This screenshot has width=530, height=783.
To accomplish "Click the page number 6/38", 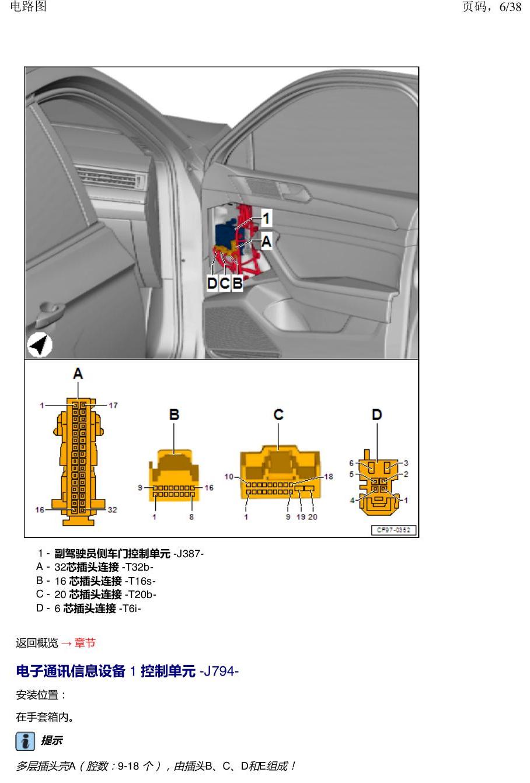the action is [510, 6].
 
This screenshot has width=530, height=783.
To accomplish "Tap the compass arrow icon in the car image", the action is [40, 345].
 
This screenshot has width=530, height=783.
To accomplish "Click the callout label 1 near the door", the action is [266, 218].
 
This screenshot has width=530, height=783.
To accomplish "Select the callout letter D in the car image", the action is [212, 283].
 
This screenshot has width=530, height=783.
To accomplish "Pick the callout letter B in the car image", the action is [238, 283].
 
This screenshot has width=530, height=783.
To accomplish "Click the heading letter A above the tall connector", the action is [78, 373].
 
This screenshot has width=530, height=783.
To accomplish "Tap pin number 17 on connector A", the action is [113, 405].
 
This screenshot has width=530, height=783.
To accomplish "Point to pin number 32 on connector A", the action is [112, 509].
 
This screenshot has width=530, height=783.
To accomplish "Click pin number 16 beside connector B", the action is [209, 487].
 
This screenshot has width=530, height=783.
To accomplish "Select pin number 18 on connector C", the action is [328, 477].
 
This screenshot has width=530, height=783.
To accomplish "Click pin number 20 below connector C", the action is [312, 516].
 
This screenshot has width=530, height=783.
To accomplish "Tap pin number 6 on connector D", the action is [351, 463].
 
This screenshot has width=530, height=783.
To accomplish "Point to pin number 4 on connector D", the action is [352, 500].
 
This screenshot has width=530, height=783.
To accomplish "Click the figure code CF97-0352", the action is [393, 530].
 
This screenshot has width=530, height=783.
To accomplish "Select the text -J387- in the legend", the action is [189, 554].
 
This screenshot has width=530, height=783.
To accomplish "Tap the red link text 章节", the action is [85, 642].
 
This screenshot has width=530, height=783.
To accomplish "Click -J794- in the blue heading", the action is [219, 671].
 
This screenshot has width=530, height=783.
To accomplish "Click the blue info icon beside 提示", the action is [25, 741].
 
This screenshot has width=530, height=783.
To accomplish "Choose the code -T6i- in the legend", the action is [130, 608].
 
